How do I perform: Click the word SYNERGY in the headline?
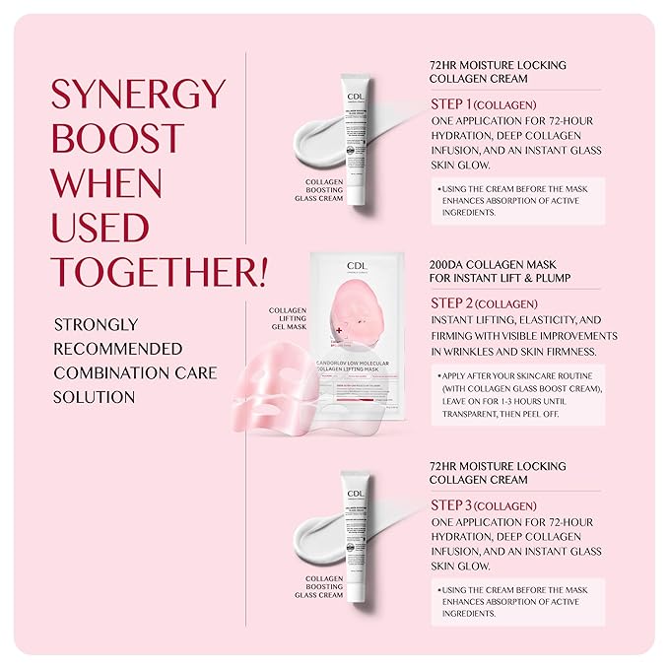(x=138, y=96)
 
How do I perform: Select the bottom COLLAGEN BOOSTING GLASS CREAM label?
(x=318, y=587)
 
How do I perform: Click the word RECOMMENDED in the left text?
(x=118, y=349)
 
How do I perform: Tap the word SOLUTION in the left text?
(x=95, y=397)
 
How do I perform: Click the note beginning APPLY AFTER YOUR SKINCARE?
(x=517, y=395)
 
